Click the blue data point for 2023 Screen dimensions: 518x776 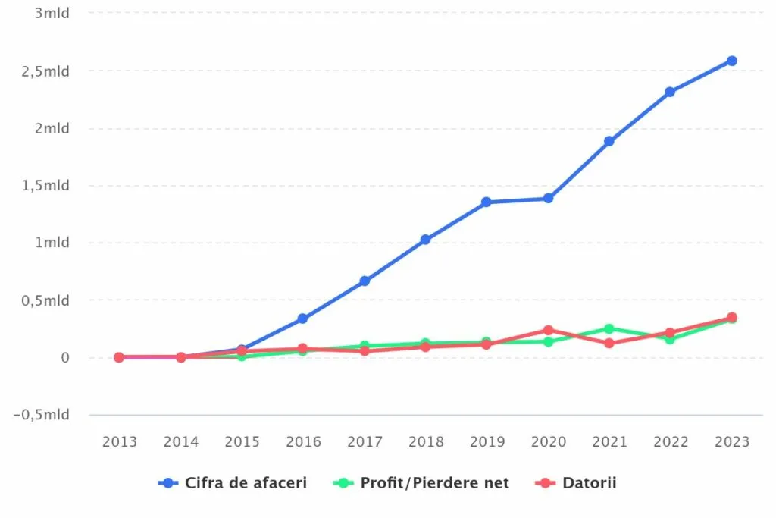pos(732,61)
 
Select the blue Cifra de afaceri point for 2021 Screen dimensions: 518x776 pos(609,141)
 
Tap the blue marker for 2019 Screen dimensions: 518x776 pos(487,202)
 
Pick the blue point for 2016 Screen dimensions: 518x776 pos(302,319)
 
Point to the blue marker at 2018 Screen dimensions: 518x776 pos(425,240)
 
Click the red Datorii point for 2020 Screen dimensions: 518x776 pos(548,331)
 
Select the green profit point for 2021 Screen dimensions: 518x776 pos(609,329)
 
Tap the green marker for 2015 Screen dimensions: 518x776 pos(242,356)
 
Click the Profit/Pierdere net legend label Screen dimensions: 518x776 pos(434,483)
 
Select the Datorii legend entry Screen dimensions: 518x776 pos(589,483)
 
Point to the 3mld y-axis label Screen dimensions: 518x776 pos(52,14)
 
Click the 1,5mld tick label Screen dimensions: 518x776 pos(45,186)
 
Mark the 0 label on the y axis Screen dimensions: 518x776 pos(65,357)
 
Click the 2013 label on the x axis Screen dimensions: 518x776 pos(120,442)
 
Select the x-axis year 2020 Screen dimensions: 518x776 pos(548,442)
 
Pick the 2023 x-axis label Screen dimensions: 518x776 pos(732,442)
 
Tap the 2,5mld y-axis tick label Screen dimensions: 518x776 pos(45,71)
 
